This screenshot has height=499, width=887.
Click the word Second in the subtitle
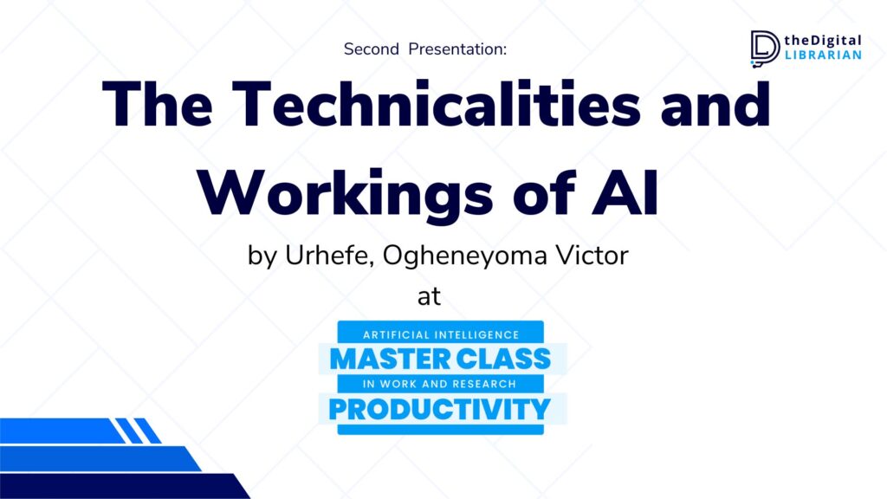click(x=371, y=49)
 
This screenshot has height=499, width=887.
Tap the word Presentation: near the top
click(x=457, y=49)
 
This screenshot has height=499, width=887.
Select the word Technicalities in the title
click(x=437, y=104)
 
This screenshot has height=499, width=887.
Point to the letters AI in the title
click(x=625, y=193)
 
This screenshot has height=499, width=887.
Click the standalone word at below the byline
click(x=429, y=296)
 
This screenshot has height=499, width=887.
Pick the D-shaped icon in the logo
click(x=765, y=49)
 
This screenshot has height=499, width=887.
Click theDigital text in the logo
click(x=823, y=41)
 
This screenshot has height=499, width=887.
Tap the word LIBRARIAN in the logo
click(x=823, y=55)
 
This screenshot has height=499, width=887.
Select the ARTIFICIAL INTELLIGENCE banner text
click(x=441, y=335)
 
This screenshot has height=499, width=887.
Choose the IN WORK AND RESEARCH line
click(x=439, y=384)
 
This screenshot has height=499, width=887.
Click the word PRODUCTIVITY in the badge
click(x=439, y=409)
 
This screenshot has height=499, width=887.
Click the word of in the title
click(x=543, y=193)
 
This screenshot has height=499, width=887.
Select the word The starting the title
click(x=158, y=104)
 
